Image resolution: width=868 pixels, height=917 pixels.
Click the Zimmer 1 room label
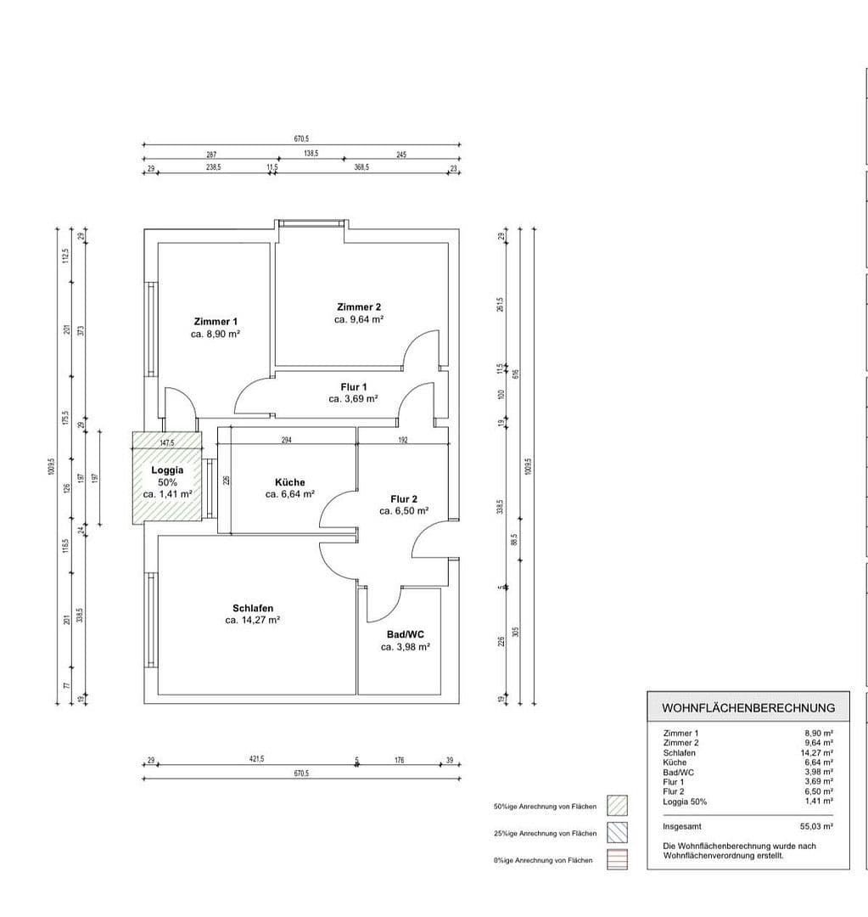[216, 322]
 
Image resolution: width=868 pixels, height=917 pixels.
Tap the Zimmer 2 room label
[359, 307]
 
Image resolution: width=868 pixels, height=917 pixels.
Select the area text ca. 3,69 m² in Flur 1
[353, 398]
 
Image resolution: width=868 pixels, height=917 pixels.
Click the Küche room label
[289, 482]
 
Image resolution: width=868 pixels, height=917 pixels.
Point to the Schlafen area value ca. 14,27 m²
[253, 620]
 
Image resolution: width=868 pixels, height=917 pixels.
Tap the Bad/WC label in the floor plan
[405, 634]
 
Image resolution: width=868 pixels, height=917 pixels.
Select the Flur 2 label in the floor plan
[404, 499]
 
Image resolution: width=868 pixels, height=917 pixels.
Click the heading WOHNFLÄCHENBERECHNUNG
[748, 707]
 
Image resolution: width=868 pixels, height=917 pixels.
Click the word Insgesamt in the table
[682, 825]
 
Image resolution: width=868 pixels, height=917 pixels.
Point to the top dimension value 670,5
[301, 138]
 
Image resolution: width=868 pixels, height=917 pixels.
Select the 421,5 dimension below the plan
[256, 759]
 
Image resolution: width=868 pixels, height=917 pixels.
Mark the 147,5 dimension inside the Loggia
[166, 442]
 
